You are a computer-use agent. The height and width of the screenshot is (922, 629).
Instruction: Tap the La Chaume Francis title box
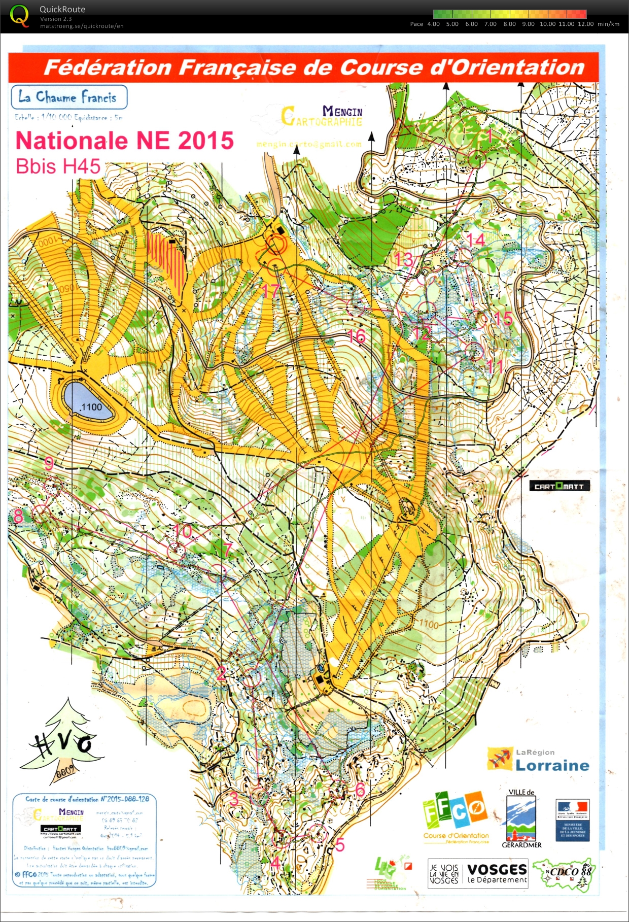tap(69, 97)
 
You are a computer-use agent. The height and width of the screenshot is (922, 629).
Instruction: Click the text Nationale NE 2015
tap(124, 141)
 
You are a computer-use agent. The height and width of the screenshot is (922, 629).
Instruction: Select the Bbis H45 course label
tap(58, 166)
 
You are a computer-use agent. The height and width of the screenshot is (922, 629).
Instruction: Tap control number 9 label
tap(49, 463)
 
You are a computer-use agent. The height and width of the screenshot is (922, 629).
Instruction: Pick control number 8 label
tap(18, 516)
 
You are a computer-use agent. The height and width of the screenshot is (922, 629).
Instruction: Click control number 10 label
tap(183, 531)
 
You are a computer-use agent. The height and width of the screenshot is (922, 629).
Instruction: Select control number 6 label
tap(360, 789)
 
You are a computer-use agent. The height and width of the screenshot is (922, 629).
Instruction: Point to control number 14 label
tap(475, 240)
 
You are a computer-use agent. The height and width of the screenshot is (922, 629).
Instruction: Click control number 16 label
tap(357, 335)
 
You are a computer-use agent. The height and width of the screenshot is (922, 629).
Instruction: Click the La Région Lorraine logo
tap(538, 759)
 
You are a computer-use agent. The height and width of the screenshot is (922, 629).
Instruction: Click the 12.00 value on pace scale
tap(585, 24)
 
